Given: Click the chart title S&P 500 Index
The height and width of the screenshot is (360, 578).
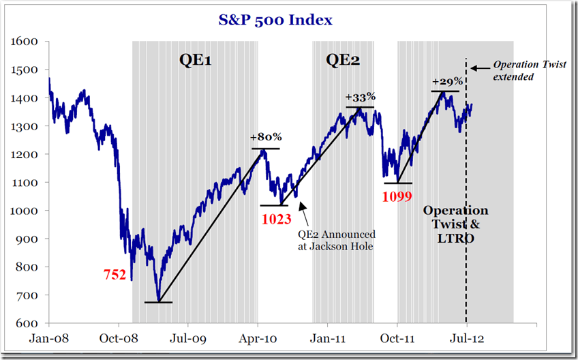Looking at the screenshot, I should [275, 20].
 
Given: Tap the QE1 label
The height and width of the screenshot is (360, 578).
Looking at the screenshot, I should [195, 60].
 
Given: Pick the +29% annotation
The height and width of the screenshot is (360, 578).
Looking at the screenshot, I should [448, 81].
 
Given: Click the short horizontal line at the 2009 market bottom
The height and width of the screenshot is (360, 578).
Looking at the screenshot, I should [158, 302].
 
